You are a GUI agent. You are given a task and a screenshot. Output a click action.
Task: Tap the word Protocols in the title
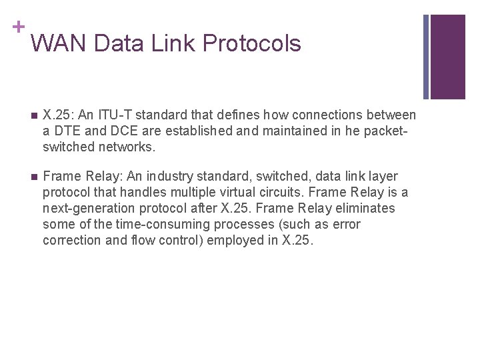pos(252,43)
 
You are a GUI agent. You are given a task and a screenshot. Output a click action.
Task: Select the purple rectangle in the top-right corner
pos(447,57)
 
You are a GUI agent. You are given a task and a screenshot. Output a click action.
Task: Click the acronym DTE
pos(66,131)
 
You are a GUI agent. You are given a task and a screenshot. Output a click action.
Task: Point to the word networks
pos(127,147)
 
